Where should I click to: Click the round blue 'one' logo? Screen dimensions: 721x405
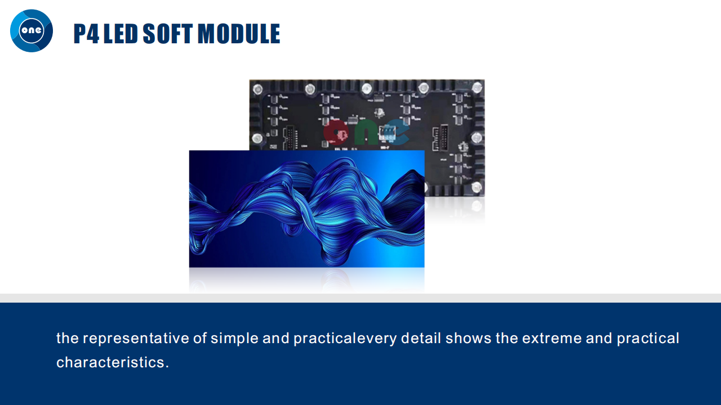tap(32, 31)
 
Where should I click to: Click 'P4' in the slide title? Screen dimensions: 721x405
tap(86, 33)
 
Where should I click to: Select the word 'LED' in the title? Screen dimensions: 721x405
tap(121, 33)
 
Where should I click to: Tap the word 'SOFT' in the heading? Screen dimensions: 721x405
tap(167, 33)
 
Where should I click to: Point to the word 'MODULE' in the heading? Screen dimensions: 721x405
tap(238, 33)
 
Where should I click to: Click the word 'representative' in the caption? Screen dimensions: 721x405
tap(136, 339)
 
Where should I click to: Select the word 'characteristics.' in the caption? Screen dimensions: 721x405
tap(112, 363)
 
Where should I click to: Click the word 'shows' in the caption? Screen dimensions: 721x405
tap(468, 338)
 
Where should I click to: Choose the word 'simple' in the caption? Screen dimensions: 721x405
tap(234, 339)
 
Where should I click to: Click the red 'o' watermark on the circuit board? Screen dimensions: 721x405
tap(336, 132)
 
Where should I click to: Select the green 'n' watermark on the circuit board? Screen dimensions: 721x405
tap(366, 133)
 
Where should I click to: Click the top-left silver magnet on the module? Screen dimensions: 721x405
tap(257, 89)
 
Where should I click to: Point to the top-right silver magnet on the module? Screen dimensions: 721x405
tap(477, 87)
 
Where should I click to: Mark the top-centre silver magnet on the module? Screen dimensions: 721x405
tap(367, 88)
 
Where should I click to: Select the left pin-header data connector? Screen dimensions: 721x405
tap(290, 138)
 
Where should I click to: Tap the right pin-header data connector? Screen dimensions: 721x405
tap(440, 138)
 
